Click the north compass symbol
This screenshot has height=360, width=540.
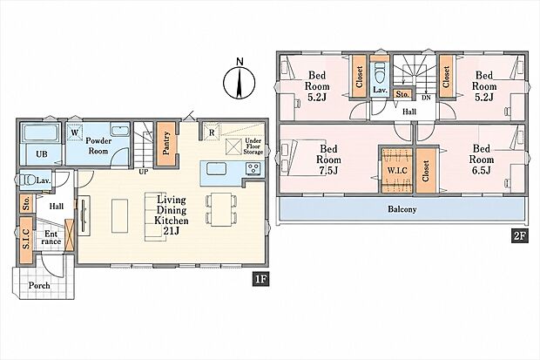point(239,81)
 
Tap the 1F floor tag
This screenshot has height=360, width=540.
point(260,279)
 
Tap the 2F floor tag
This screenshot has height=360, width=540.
point(520,236)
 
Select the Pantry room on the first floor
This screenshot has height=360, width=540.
point(166,144)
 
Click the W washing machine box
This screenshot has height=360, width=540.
point(75,132)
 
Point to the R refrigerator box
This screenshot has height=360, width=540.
point(212,132)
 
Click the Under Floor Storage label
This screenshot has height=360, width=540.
point(253,146)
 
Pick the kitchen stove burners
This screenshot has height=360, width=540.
point(253,169)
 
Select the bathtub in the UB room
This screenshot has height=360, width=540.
point(41,132)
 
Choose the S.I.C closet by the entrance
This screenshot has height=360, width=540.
point(26,239)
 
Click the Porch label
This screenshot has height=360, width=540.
point(39,286)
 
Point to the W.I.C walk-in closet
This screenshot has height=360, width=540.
point(397,170)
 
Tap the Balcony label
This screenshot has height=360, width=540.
point(402,209)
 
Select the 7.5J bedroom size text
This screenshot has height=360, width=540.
point(328,170)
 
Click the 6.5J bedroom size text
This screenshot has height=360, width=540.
point(481,170)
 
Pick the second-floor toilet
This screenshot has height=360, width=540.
point(379,73)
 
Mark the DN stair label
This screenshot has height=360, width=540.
point(427,98)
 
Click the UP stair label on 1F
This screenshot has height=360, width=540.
point(143,172)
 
